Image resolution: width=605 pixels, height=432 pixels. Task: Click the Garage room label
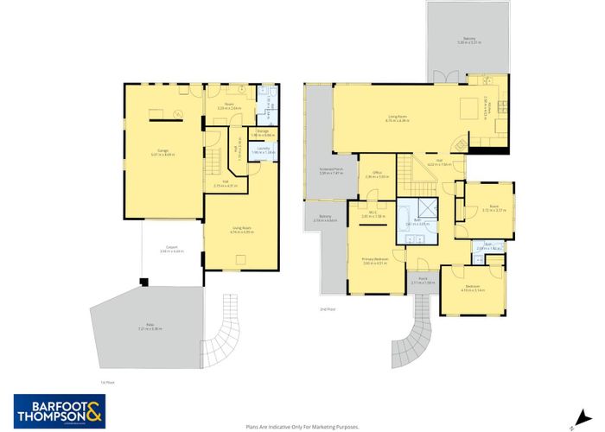pyautogui.click(x=162, y=151)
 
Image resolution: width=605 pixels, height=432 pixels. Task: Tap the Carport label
pyautogui.click(x=172, y=250)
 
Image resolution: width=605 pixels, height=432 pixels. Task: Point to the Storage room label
pyautogui.click(x=263, y=134)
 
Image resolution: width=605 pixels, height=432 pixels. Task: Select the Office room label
pyautogui.click(x=377, y=175)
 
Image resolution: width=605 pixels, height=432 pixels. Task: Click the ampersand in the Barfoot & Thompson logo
pyautogui.click(x=93, y=408)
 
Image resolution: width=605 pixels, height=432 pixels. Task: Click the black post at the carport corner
pyautogui.click(x=145, y=280)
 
